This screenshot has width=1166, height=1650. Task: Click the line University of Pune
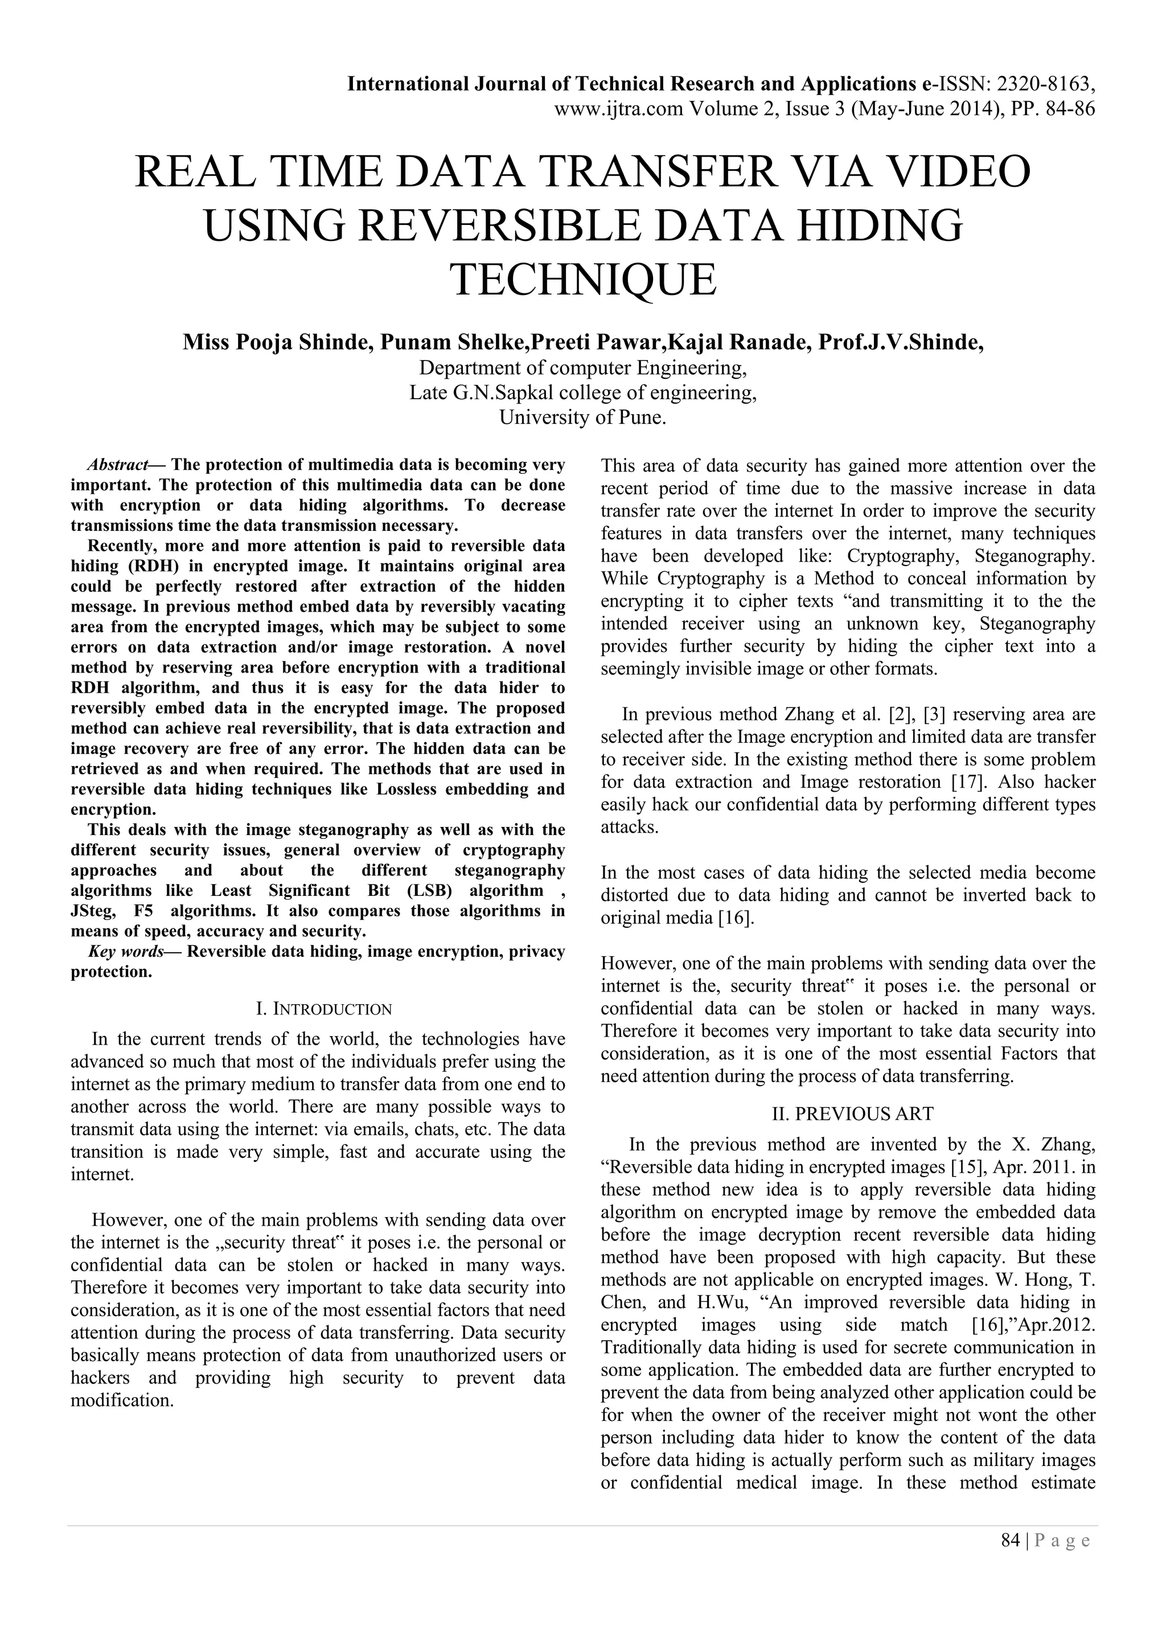coord(582,417)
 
